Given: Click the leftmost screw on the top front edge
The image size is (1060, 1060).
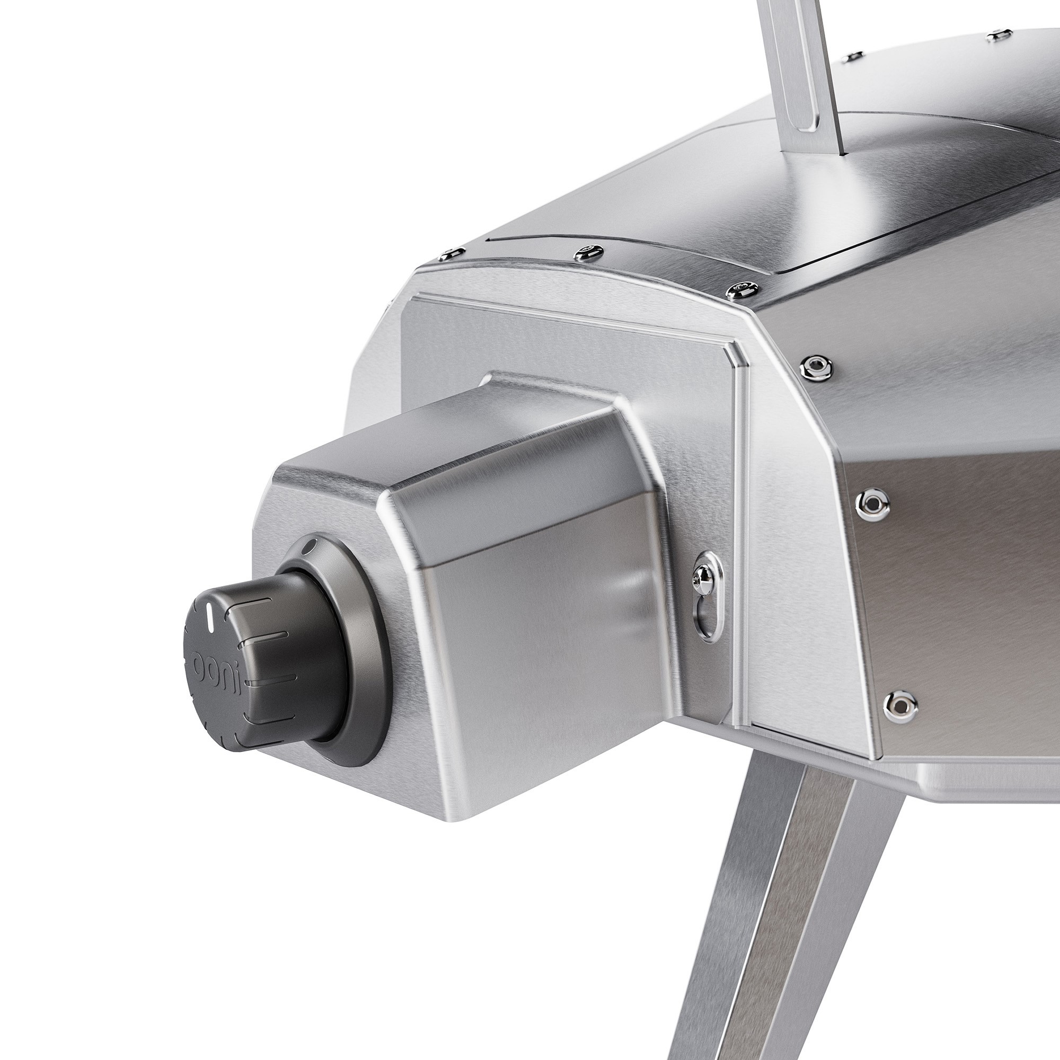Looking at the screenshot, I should tap(452, 253).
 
